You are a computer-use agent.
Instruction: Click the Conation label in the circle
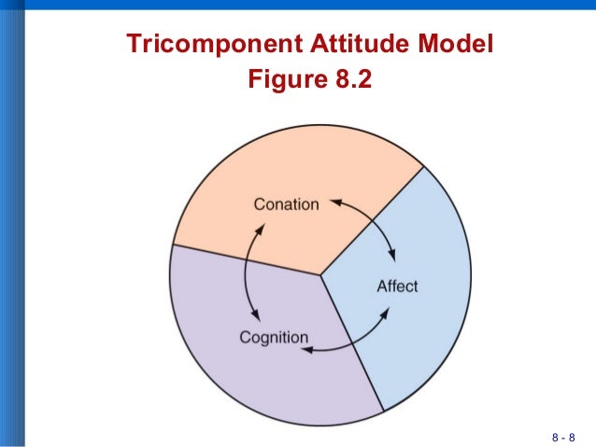[x=287, y=204]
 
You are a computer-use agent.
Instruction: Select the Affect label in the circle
[x=397, y=286]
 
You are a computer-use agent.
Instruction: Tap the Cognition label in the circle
[x=274, y=337]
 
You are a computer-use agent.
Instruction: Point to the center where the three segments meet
[x=321, y=274]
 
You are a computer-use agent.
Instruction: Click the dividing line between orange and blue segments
[x=374, y=220]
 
